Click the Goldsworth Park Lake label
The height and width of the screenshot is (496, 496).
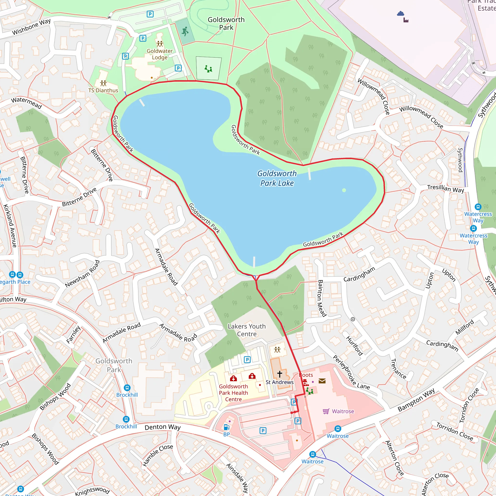[x=277, y=178]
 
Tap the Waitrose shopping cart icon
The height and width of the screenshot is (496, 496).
[x=326, y=411]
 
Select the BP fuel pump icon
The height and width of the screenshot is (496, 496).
[x=226, y=427]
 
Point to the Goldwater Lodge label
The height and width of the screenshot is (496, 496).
[x=160, y=54]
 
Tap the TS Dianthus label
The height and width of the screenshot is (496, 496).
[x=103, y=90]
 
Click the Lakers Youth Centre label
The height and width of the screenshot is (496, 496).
[x=247, y=330]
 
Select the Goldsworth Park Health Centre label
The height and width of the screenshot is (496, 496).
[x=233, y=393]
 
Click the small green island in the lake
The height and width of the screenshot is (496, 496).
[x=344, y=190]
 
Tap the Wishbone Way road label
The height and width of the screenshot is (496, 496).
[x=31, y=27]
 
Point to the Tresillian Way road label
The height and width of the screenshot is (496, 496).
[x=445, y=188]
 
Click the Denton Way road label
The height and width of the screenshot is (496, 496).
[x=163, y=427]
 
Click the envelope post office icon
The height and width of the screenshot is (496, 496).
[x=322, y=381]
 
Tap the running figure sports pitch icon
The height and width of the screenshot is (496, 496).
[x=185, y=31]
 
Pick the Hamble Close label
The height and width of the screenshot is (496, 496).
[x=157, y=455]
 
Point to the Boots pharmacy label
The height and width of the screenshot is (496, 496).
[x=306, y=375]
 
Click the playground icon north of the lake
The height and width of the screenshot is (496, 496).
[x=208, y=69]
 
